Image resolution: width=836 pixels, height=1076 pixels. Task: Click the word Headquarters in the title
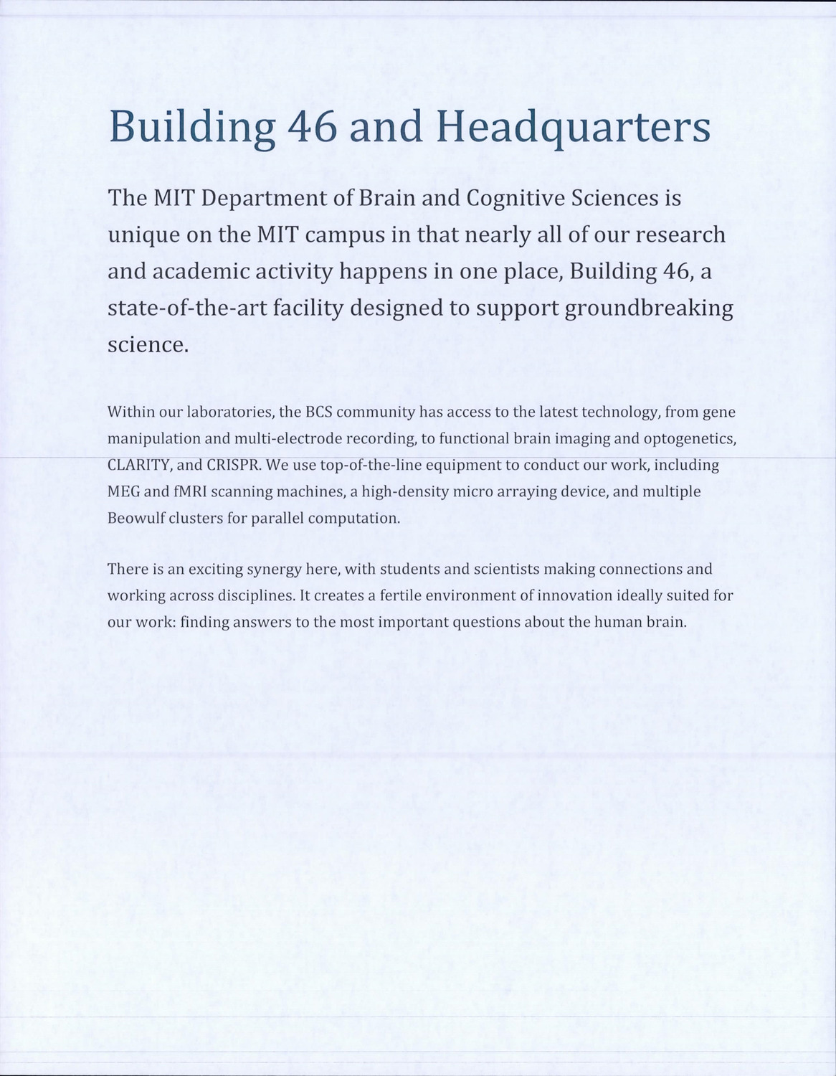[573, 127]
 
